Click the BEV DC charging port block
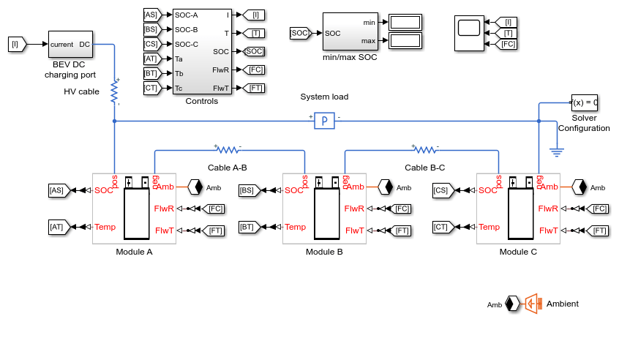[71, 44]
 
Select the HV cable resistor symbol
[114, 92]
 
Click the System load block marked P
[325, 121]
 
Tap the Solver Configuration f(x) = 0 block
[585, 102]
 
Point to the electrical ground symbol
[557, 152]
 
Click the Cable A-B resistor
[228, 150]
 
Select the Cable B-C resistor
[425, 150]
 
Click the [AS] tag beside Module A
[59, 190]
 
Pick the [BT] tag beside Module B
[249, 227]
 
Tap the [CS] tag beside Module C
[443, 190]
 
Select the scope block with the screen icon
[470, 33]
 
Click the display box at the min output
[405, 22]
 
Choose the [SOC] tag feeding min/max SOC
[301, 33]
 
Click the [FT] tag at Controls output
[253, 88]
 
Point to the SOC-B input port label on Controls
[187, 29]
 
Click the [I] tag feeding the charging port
[18, 44]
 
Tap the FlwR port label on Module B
[354, 209]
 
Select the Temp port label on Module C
[489, 227]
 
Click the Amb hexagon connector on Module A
[195, 187]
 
